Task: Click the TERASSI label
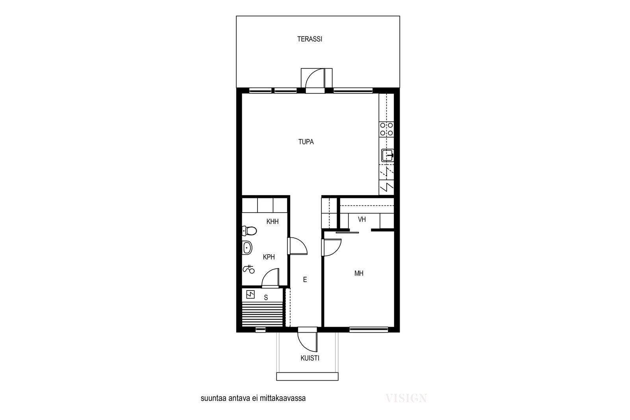tap(309, 39)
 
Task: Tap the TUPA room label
tap(306, 142)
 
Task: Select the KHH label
tap(272, 222)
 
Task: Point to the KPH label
tap(269, 257)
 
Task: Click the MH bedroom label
tap(359, 273)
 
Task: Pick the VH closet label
tap(362, 219)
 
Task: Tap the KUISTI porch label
tap(310, 358)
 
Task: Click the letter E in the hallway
tap(305, 279)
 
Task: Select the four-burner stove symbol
tap(386, 130)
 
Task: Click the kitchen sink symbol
tap(387, 155)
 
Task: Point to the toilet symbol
tap(249, 231)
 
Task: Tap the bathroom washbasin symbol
tap(247, 248)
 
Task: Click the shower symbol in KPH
tap(248, 269)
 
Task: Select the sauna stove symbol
tap(250, 294)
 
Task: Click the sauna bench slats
tap(262, 314)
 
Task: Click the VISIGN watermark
tap(406, 398)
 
